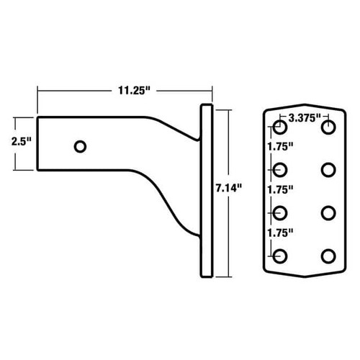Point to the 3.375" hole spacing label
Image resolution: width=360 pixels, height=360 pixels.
[304, 117]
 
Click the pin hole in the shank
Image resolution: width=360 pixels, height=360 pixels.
[81, 146]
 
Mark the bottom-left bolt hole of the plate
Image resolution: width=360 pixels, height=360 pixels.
[279, 255]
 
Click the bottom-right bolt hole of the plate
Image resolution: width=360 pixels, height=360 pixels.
[328, 255]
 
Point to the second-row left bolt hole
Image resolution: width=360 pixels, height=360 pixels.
[279, 170]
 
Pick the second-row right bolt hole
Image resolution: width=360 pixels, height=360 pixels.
[328, 170]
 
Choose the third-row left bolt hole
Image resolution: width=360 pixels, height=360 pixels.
[279, 212]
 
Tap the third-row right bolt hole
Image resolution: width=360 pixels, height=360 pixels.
[328, 212]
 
